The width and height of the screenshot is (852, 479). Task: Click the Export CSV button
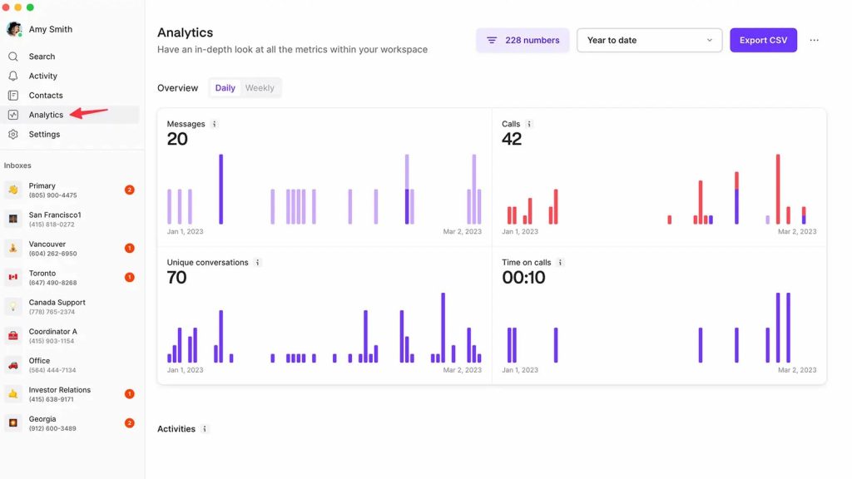click(763, 40)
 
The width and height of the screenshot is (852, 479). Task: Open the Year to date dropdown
click(649, 40)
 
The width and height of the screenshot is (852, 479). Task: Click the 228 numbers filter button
click(523, 40)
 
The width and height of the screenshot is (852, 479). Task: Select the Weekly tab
click(260, 88)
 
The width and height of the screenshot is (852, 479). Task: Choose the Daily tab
click(225, 88)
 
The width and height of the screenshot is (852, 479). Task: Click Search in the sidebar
click(42, 57)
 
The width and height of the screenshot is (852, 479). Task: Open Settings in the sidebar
click(44, 134)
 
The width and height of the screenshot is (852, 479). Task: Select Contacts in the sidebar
click(46, 96)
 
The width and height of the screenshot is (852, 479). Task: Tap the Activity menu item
click(43, 76)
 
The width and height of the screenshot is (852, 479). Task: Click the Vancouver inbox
click(53, 248)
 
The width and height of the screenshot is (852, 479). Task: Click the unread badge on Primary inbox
click(129, 190)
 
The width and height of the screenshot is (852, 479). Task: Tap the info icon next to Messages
click(214, 124)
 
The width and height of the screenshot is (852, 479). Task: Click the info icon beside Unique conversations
click(257, 263)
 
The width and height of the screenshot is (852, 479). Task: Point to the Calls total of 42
click(512, 139)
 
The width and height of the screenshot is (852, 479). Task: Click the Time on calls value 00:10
click(523, 278)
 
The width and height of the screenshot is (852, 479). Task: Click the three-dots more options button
click(814, 40)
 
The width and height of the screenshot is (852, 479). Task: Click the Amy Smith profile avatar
click(14, 29)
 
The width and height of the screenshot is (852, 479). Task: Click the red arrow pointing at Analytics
click(89, 112)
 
